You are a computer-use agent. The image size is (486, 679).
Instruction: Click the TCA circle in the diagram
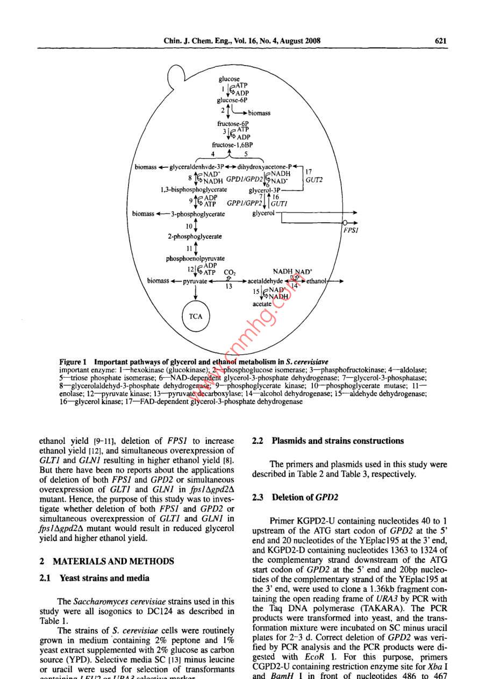pyautogui.click(x=196, y=316)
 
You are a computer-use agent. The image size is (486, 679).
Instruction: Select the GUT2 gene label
pyautogui.click(x=313, y=181)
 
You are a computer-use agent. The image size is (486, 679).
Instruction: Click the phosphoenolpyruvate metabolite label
pyautogui.click(x=195, y=258)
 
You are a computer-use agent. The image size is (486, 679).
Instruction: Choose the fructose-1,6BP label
pyautogui.click(x=232, y=145)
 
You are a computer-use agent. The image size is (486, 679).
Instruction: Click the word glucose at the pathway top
pyautogui.click(x=229, y=79)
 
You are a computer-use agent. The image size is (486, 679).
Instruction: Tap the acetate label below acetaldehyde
pyautogui.click(x=262, y=304)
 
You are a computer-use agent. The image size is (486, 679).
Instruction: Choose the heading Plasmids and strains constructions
pyautogui.click(x=328, y=441)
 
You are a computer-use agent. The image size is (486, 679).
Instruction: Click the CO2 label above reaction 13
pyautogui.click(x=230, y=272)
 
